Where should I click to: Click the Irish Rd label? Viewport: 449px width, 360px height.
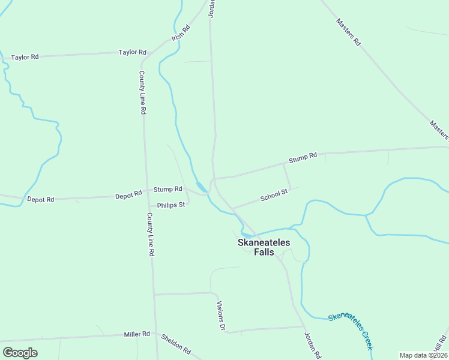[x=181, y=32]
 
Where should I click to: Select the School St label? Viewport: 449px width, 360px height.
[x=274, y=195]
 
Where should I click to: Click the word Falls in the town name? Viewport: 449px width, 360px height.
[x=264, y=252]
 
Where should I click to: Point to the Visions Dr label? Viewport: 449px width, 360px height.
[x=220, y=316]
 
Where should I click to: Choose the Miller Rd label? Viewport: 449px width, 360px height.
[x=137, y=334]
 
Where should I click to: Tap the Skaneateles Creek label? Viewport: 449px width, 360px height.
[x=351, y=331]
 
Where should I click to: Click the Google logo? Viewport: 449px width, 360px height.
[x=20, y=353]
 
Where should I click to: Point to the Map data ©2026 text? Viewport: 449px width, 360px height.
[x=423, y=355]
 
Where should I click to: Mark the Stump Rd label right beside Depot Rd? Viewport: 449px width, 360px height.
[x=167, y=189]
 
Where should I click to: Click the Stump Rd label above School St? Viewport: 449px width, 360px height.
[x=303, y=158]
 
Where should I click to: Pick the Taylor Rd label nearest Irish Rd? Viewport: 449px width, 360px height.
[x=133, y=52]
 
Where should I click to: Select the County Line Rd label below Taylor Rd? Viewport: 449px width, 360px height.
[x=142, y=92]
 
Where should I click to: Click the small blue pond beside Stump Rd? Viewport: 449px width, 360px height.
[x=202, y=187]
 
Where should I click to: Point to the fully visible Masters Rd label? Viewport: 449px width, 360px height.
[x=348, y=32]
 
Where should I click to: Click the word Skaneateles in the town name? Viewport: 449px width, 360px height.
[x=264, y=242]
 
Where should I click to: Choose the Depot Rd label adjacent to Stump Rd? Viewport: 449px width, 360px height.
[x=128, y=195]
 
